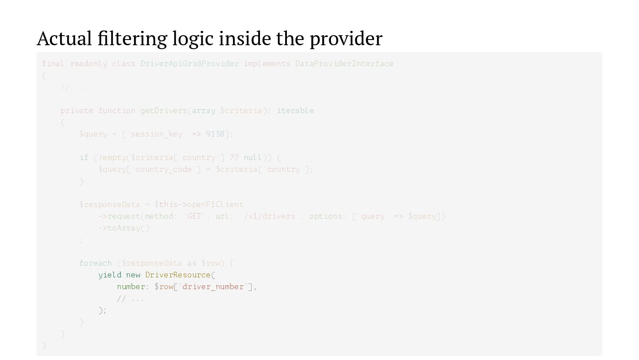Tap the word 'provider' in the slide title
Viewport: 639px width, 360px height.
pos(346,38)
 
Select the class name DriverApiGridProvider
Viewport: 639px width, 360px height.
pos(190,63)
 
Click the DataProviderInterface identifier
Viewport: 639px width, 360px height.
pos(344,63)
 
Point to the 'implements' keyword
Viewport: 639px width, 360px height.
pos(267,63)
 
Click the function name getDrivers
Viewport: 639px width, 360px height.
pos(163,110)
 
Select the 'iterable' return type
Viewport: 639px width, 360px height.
pos(295,110)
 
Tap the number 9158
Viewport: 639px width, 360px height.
pos(215,134)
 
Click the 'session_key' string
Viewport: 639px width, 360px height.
pos(156,134)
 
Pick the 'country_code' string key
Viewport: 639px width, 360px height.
pos(163,169)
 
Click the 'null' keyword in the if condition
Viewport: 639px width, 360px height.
pos(253,157)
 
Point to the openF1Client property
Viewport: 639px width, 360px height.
pos(215,204)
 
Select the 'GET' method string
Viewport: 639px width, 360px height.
pos(194,216)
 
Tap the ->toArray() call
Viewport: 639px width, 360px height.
pos(124,228)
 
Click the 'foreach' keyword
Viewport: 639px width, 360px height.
pos(96,263)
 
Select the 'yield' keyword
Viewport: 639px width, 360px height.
pos(110,275)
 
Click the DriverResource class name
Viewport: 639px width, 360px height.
pos(178,275)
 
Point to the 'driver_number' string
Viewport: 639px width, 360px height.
pos(213,287)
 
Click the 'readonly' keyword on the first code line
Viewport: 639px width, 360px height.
pos(89,63)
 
